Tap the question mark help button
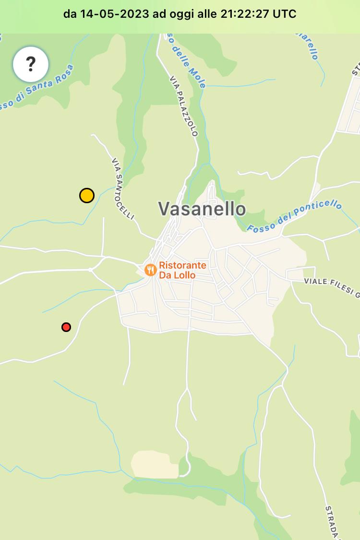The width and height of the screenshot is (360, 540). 31,64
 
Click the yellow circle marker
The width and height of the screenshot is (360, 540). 87,196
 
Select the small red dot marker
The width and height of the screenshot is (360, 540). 66,327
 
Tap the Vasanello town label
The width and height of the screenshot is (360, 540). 202,209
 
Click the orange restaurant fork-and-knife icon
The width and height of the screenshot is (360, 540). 151,270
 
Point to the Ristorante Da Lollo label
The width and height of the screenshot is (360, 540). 182,270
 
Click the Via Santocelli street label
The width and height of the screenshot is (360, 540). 122,189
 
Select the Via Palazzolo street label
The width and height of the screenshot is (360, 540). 183,106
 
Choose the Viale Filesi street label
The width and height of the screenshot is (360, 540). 331,287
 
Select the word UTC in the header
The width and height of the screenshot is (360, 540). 285,14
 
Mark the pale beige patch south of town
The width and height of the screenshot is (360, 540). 151,465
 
